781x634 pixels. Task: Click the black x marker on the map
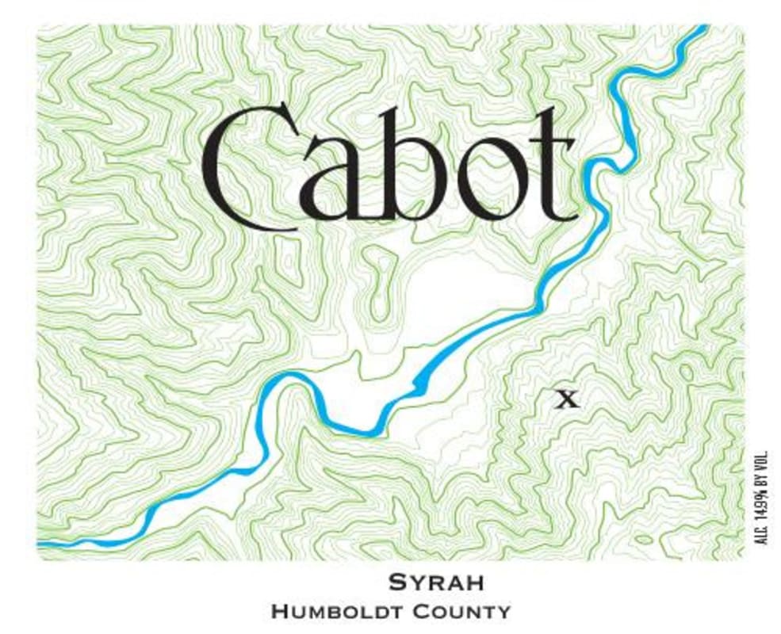pyautogui.click(x=566, y=399)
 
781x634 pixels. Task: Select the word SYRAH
pyautogui.click(x=436, y=582)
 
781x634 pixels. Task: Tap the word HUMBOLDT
pyautogui.click(x=343, y=612)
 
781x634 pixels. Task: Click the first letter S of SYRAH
pyautogui.click(x=396, y=582)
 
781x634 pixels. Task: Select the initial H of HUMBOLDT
pyautogui.click(x=278, y=612)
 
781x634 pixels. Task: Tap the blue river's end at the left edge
pyautogui.click(x=41, y=544)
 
